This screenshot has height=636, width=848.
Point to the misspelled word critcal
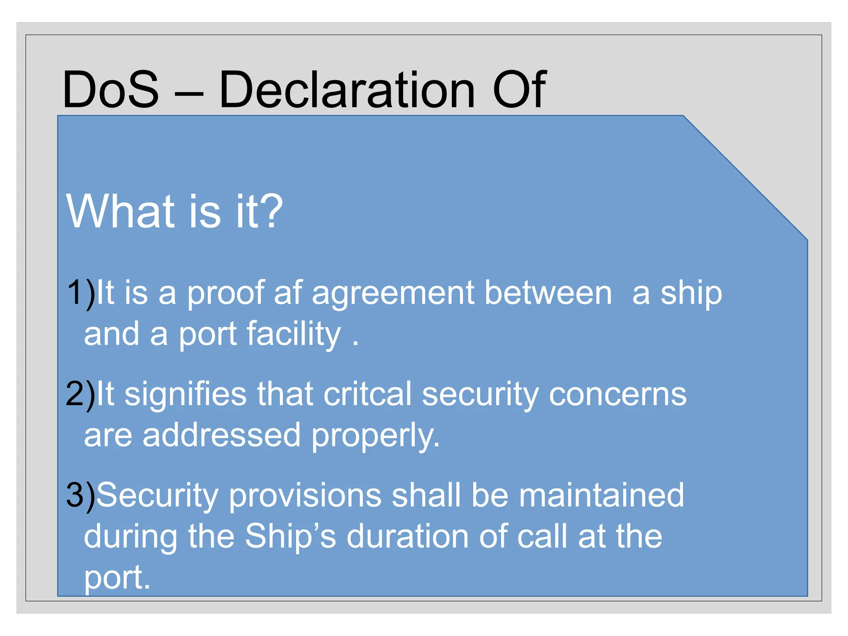[368, 394]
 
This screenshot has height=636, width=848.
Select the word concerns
[617, 394]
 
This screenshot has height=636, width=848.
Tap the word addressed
[221, 435]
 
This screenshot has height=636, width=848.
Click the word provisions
[305, 496]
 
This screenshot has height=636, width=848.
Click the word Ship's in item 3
[290, 537]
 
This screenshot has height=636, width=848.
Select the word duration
[407, 537]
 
